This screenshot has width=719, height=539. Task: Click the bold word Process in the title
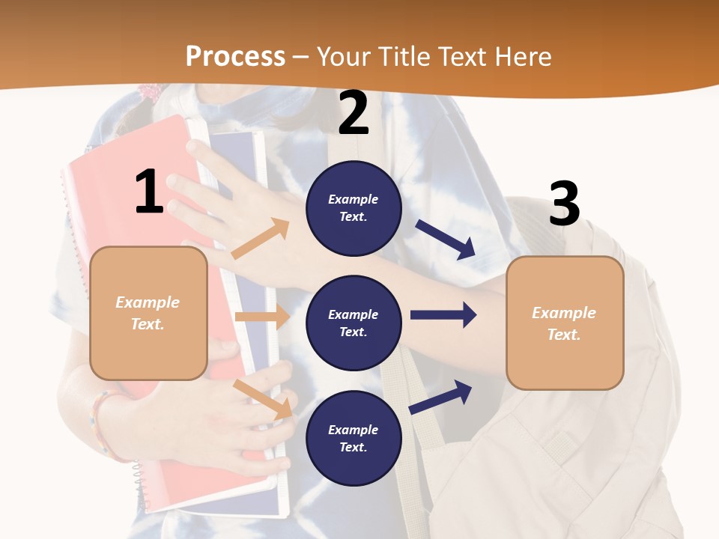tap(235, 57)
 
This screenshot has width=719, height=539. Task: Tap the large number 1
tap(149, 192)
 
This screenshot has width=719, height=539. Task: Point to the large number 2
tap(354, 114)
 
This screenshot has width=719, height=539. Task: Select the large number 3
tap(564, 204)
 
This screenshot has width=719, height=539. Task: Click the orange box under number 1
tap(148, 313)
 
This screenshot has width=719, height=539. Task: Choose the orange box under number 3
tap(565, 323)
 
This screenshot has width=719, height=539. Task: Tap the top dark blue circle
tap(354, 208)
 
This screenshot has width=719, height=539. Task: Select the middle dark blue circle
tap(354, 323)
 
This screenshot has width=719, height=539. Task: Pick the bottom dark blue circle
tap(354, 438)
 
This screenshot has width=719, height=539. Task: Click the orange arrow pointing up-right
tap(261, 239)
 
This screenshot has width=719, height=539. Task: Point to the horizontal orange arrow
tap(262, 317)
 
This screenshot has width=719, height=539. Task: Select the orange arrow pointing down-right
tap(262, 399)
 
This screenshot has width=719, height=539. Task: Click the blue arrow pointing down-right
tap(445, 239)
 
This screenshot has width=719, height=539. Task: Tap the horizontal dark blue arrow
tap(443, 314)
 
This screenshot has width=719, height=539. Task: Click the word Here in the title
tap(524, 57)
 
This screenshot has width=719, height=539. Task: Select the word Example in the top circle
tap(353, 199)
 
